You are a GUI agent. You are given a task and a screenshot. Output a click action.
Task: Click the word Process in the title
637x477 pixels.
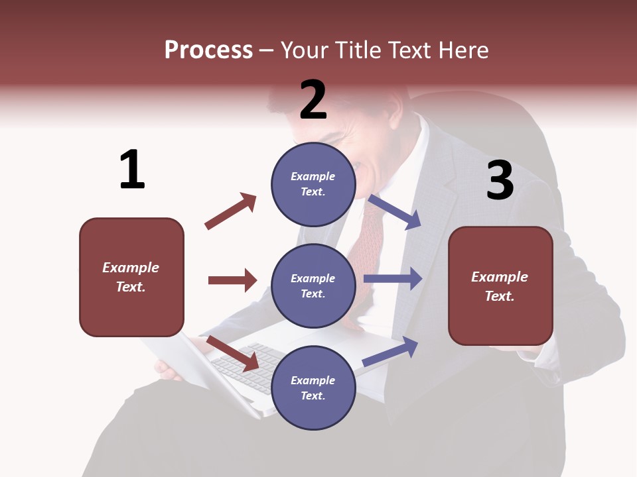pos(208,50)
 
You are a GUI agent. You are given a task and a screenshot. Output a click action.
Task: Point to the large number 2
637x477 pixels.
pos(313,100)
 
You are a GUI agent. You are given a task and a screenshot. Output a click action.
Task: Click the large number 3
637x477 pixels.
pos(500,180)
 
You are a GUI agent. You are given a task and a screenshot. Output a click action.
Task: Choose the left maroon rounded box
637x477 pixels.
pos(131,277)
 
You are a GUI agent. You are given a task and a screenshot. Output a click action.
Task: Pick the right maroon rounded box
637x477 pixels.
pos(500,286)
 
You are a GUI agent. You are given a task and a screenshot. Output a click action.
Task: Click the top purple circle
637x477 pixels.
pos(313,184)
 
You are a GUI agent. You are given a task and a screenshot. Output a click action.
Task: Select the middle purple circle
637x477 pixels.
pos(313,286)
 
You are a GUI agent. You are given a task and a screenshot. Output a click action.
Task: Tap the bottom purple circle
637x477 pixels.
pos(313,388)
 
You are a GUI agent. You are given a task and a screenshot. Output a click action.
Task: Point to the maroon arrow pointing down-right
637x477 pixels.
pos(232,353)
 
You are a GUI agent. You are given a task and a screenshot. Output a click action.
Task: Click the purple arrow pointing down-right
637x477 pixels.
pos(395,212)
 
